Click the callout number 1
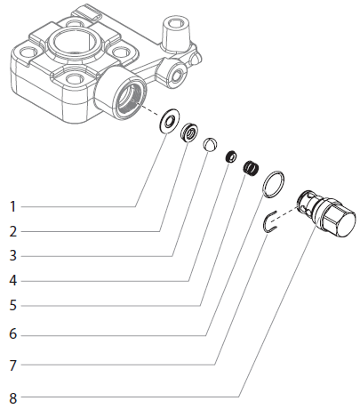click(x=12, y=206)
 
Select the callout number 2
click(x=12, y=231)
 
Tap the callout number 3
click(x=12, y=256)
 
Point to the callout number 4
click(x=12, y=281)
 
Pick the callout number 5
click(x=12, y=306)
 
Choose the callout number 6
click(x=12, y=335)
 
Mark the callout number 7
click(x=12, y=365)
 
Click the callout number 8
click(x=12, y=397)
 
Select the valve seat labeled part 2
click(x=188, y=134)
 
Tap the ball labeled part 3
click(x=211, y=145)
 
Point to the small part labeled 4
click(x=231, y=156)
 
